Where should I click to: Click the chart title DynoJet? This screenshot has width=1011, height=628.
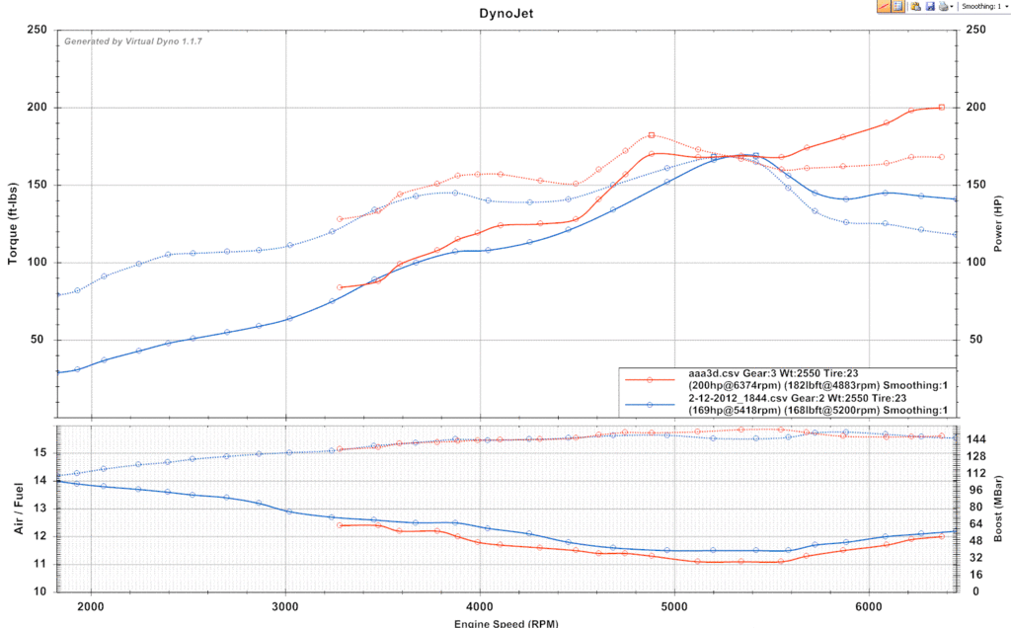pos(505,14)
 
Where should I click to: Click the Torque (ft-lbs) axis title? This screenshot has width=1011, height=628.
pos(14,223)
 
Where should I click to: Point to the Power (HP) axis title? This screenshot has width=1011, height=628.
pos(998,222)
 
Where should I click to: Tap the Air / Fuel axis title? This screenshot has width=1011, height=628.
pos(17,509)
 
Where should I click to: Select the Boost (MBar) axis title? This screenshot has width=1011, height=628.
pos(998,509)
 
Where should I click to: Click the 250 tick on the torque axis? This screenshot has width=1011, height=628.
pos(39,30)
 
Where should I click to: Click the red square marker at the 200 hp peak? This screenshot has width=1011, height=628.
pos(942,107)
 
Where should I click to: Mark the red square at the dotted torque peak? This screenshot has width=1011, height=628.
pos(652,135)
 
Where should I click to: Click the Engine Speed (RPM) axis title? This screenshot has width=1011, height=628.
pos(505,623)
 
